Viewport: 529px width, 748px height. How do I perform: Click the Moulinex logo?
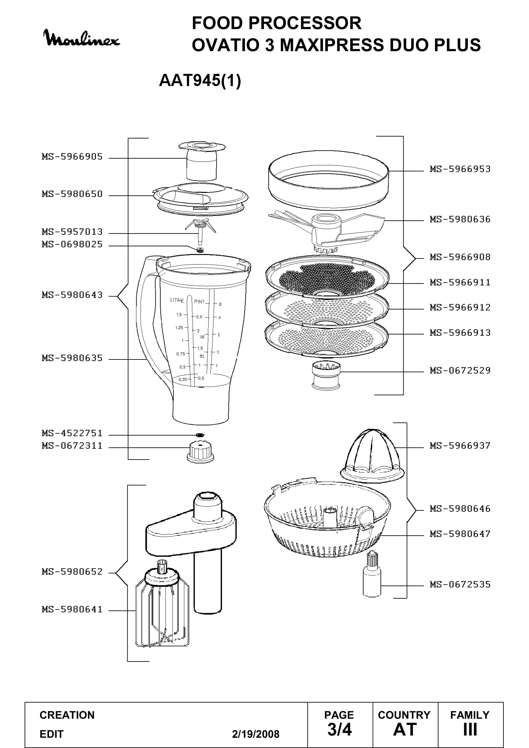(x=82, y=38)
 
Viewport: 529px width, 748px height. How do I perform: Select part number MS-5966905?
(x=72, y=157)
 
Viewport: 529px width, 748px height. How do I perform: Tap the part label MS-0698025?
(x=72, y=244)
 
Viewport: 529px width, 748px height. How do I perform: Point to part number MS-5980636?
(x=460, y=219)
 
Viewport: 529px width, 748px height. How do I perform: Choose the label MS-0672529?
(x=460, y=370)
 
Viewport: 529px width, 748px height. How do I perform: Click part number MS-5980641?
(x=72, y=609)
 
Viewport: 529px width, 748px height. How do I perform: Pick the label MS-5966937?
(x=460, y=446)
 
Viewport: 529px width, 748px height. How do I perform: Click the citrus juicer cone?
(x=373, y=456)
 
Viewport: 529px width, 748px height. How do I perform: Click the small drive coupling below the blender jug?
(x=201, y=452)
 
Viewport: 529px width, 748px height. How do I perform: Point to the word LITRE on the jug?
(x=177, y=300)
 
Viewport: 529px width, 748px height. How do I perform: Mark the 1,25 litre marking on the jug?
(x=179, y=327)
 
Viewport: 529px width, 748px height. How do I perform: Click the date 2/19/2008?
(x=256, y=734)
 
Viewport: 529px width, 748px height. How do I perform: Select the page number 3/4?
(x=339, y=729)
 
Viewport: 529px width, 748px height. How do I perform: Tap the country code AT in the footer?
(x=405, y=729)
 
